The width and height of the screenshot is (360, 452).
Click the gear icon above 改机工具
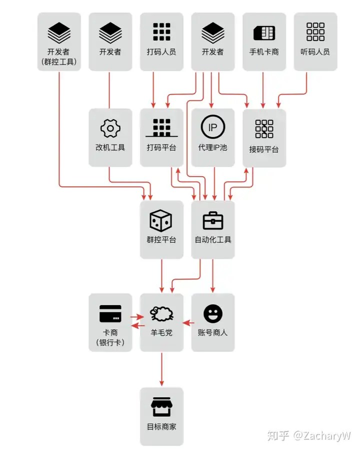coord(110,128)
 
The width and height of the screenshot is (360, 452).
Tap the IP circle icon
coord(213,127)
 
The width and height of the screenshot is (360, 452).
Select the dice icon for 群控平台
coord(161,221)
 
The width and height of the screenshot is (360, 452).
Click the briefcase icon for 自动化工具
coord(213,221)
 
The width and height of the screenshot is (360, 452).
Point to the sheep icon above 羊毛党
coord(161,314)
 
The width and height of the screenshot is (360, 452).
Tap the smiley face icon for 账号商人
coord(213,314)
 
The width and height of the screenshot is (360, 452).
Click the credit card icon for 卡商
coord(110,313)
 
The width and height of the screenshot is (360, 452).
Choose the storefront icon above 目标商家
coord(161,407)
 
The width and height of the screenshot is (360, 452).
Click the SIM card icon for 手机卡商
coord(264,33)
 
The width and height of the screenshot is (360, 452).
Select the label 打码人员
coord(161,52)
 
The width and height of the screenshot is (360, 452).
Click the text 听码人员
coord(315,52)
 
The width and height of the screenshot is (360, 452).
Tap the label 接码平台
coord(264,149)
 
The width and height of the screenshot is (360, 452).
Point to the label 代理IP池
coord(213,148)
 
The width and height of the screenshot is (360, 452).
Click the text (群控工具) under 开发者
coord(59,62)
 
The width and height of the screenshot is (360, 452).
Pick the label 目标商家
coord(161,426)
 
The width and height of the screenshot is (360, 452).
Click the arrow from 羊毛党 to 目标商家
coord(161,369)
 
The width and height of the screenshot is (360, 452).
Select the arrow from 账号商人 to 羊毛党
coord(188,323)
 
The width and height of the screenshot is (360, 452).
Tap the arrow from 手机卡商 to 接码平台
coord(263,90)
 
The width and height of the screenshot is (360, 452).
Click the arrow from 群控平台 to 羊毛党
coord(161,276)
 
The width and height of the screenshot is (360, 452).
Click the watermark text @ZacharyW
coord(322,435)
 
